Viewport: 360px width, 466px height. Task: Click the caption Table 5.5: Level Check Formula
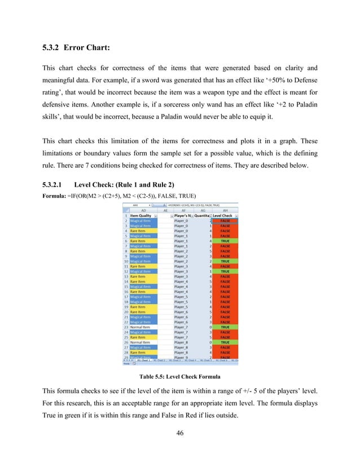(179, 375)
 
